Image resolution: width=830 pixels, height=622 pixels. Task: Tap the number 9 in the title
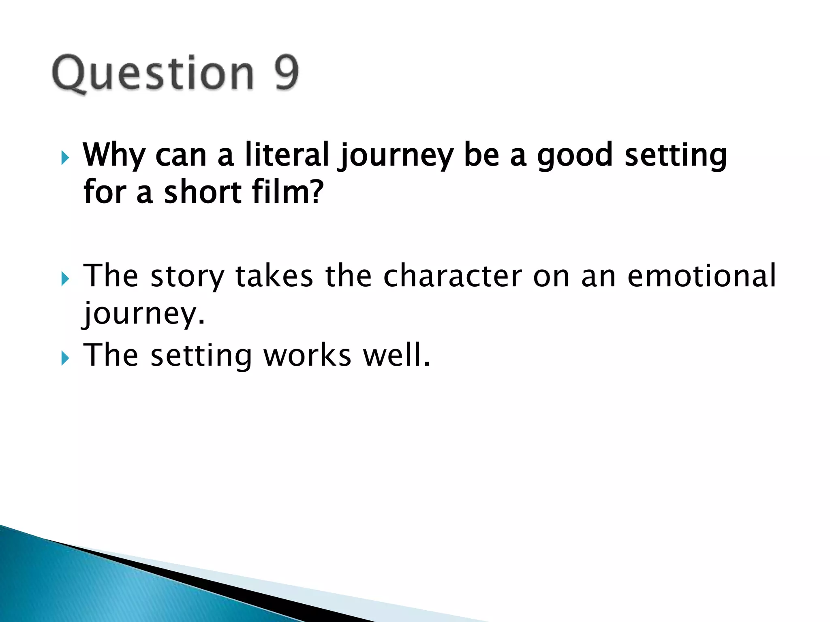pos(287,73)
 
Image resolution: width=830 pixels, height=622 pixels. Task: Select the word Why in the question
pos(114,155)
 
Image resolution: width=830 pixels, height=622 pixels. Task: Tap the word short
pos(203,192)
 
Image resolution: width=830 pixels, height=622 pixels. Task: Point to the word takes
pos(274,276)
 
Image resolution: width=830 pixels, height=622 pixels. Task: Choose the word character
pos(453,276)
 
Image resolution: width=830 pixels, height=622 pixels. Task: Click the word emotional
pos(702,276)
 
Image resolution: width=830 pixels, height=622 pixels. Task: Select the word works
pos(307,356)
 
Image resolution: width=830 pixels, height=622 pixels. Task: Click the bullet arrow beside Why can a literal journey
pos(65,158)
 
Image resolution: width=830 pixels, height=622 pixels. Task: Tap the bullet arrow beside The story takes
pos(65,279)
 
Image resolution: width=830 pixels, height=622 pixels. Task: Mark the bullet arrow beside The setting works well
pos(65,358)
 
